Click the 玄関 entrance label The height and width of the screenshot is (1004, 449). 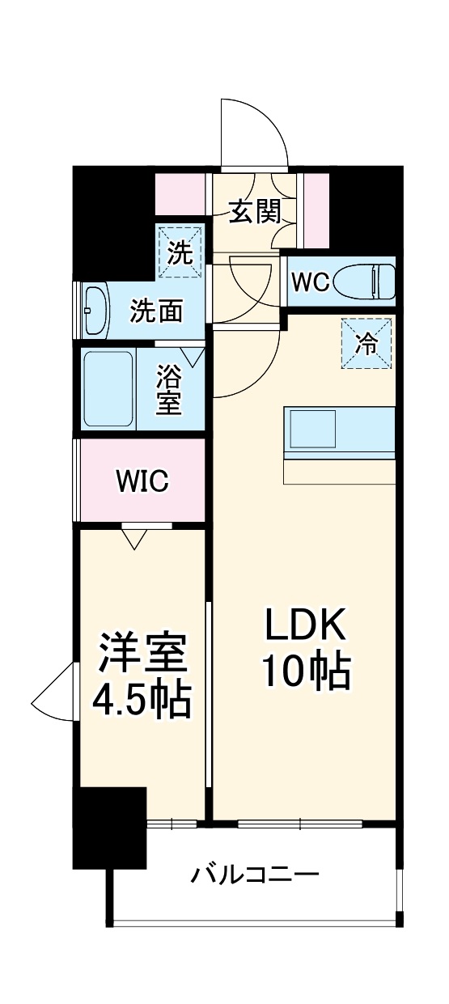pyautogui.click(x=255, y=212)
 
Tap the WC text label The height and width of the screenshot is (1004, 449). pyautogui.click(x=310, y=282)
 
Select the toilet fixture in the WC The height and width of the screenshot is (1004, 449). pyautogui.click(x=368, y=281)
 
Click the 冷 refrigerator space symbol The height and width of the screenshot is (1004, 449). pyautogui.click(x=366, y=344)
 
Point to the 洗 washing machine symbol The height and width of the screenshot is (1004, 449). pyautogui.click(x=180, y=252)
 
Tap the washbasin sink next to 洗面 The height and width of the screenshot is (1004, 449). pyautogui.click(x=95, y=310)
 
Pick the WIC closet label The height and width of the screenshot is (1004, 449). pyautogui.click(x=142, y=482)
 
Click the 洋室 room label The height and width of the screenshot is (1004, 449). pyautogui.click(x=142, y=651)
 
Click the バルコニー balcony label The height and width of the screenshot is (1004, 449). pyautogui.click(x=255, y=875)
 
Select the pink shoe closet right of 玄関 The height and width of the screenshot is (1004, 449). pyautogui.click(x=316, y=210)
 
